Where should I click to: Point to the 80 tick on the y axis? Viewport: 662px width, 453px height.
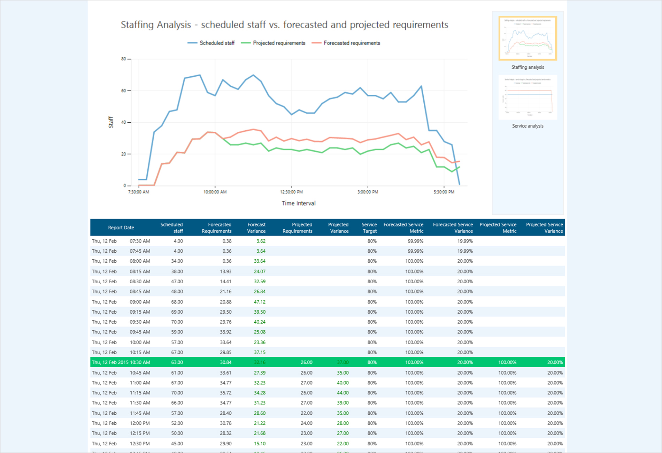[124, 59]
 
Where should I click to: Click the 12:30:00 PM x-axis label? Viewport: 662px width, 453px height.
[291, 192]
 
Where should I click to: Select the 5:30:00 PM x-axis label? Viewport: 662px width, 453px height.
[444, 192]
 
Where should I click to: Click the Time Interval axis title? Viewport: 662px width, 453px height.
[298, 203]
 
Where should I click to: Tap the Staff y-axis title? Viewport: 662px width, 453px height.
[111, 122]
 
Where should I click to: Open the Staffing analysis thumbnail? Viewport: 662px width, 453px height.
[528, 38]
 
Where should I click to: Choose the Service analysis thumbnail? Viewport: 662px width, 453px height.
[528, 98]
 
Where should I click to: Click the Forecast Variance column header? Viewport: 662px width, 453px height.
[256, 228]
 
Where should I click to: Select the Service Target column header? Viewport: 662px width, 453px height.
[369, 228]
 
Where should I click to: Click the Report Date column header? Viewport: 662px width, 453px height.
[121, 228]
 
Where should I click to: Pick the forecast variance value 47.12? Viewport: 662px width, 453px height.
[260, 302]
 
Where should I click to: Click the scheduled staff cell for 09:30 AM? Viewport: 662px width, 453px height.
[177, 322]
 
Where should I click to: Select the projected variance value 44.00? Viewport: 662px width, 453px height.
[342, 393]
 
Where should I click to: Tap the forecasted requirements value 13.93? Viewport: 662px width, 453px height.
[225, 271]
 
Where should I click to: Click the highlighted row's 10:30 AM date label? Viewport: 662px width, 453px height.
[121, 362]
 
